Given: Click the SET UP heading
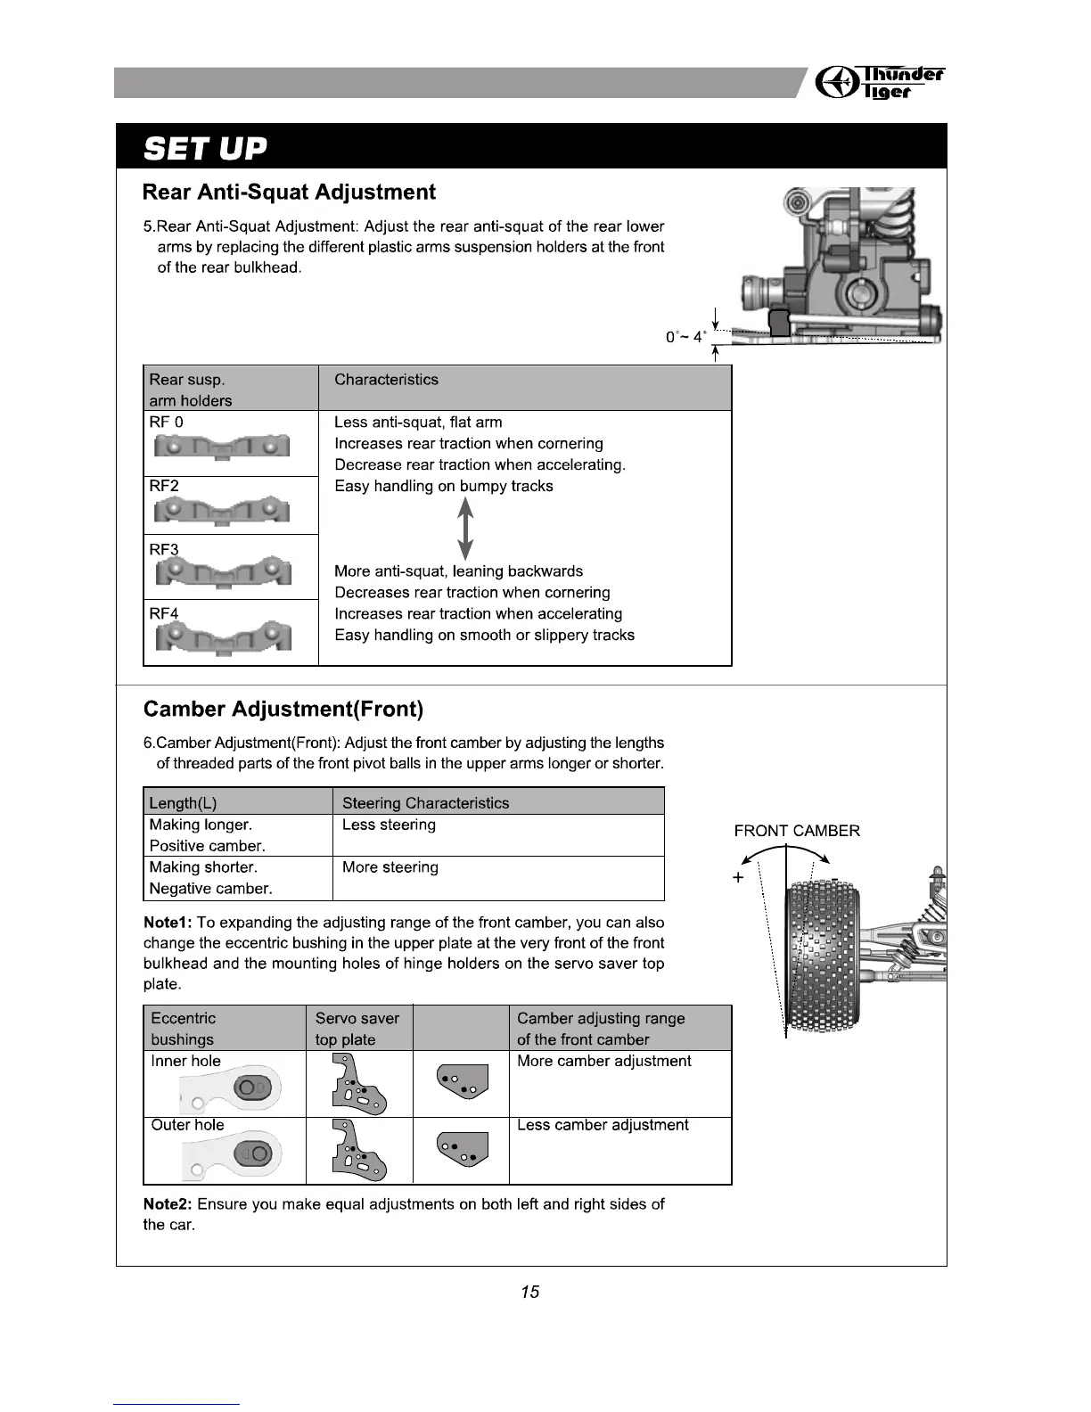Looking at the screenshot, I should pyautogui.click(x=205, y=147).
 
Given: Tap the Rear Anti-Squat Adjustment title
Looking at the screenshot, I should pyautogui.click(x=289, y=193).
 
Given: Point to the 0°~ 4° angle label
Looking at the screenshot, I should pyautogui.click(x=685, y=337).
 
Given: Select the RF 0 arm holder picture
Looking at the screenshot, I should pyautogui.click(x=223, y=445).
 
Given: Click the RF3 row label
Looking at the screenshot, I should pyautogui.click(x=164, y=549).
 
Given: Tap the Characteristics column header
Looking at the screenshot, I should pyautogui.click(x=386, y=380).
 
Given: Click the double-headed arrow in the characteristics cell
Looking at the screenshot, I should pyautogui.click(x=465, y=529).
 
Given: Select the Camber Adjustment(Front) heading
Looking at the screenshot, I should pyautogui.click(x=283, y=710).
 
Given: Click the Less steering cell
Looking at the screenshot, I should pyautogui.click(x=389, y=825).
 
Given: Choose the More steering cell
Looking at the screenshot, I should pyautogui.click(x=390, y=867).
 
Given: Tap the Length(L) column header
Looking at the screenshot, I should pyautogui.click(x=183, y=802).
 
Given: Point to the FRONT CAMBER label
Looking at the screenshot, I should pyautogui.click(x=797, y=831).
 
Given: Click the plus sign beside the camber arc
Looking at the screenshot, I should pyautogui.click(x=738, y=878).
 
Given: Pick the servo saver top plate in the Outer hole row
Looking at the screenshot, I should pyautogui.click(x=358, y=1153).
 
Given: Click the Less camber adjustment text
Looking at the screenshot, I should pyautogui.click(x=603, y=1125).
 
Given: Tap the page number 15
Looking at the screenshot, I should pyautogui.click(x=530, y=1292).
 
